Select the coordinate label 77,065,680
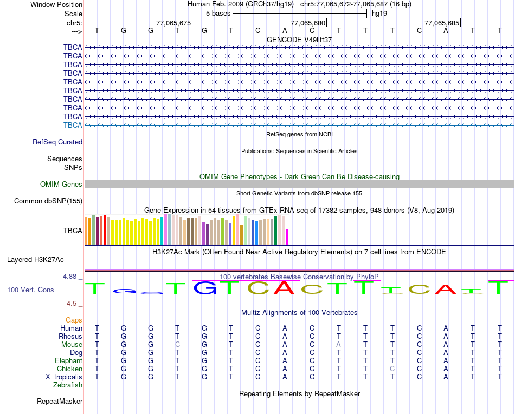[x=308, y=23]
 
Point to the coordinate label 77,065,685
[x=442, y=23]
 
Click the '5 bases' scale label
[x=218, y=13]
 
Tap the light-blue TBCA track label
[x=73, y=125]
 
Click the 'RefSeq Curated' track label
[x=57, y=142]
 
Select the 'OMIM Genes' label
[x=61, y=184]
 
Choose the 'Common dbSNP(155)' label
[x=48, y=201]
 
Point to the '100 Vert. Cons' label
[x=30, y=290]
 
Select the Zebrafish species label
[x=68, y=385]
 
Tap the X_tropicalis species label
[x=64, y=377]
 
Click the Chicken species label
[x=69, y=369]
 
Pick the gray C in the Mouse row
[x=177, y=344]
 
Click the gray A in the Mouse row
[x=338, y=344]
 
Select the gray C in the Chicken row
[x=392, y=369]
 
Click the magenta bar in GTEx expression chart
[x=287, y=237]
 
